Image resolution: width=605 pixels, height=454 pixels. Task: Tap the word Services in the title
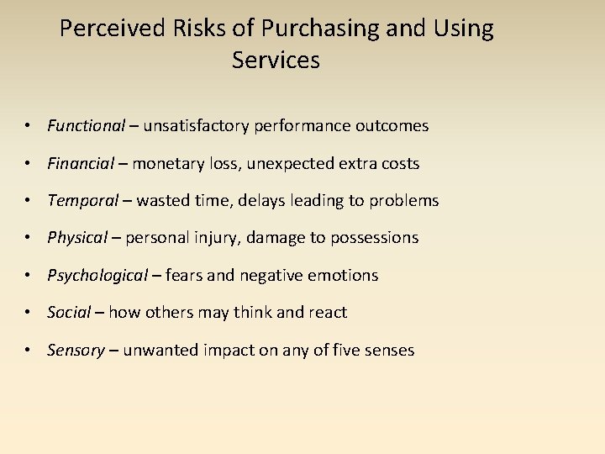276,61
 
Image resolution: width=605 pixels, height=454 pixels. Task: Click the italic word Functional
86,126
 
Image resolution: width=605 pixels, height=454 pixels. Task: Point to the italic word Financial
81,163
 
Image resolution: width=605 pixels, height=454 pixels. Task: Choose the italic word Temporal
82,200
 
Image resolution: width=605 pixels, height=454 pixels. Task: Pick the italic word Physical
77,238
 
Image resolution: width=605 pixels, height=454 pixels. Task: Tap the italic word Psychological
97,275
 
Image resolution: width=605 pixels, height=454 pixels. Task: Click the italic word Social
69,313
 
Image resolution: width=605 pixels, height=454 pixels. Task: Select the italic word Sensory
76,350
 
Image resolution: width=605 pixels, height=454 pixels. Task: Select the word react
329,313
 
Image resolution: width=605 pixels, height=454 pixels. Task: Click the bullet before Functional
29,126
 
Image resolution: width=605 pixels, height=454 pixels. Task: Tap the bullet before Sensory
29,350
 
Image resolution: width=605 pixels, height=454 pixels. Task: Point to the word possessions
374,238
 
